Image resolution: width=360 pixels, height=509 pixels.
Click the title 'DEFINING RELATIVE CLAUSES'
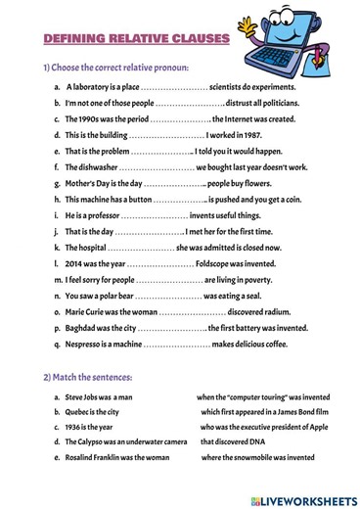tap(136, 38)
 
